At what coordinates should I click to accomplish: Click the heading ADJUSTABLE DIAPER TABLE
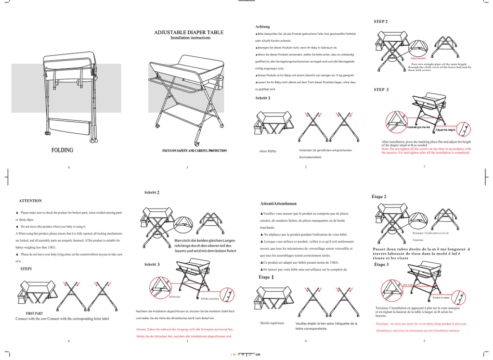pyautogui.click(x=189, y=32)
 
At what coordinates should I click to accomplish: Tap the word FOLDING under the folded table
pyautogui.click(x=63, y=150)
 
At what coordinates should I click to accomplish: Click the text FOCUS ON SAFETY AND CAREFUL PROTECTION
pyautogui.click(x=194, y=151)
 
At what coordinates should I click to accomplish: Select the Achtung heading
pyautogui.click(x=262, y=26)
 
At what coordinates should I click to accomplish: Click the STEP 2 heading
pyautogui.click(x=381, y=22)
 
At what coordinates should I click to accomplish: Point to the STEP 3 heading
pyautogui.click(x=381, y=90)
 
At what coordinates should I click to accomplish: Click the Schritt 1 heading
pyautogui.click(x=262, y=98)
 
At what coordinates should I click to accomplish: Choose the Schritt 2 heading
pyautogui.click(x=152, y=193)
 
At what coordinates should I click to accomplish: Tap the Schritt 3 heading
pyautogui.click(x=152, y=265)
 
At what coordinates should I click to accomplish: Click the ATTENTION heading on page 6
pyautogui.click(x=30, y=201)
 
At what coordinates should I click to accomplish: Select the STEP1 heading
pyautogui.click(x=26, y=268)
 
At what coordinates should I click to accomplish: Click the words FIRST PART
pyautogui.click(x=34, y=313)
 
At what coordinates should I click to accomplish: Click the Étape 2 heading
pyautogui.click(x=379, y=197)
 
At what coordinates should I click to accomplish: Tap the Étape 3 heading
pyautogui.click(x=381, y=265)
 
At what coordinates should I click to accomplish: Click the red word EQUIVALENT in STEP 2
pyautogui.click(x=418, y=58)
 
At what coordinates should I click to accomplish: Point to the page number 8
pyautogui.click(x=69, y=167)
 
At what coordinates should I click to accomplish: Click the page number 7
pyautogui.click(x=424, y=167)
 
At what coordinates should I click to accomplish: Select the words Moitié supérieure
pyautogui.click(x=272, y=323)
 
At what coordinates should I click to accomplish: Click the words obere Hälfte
pyautogui.click(x=268, y=151)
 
